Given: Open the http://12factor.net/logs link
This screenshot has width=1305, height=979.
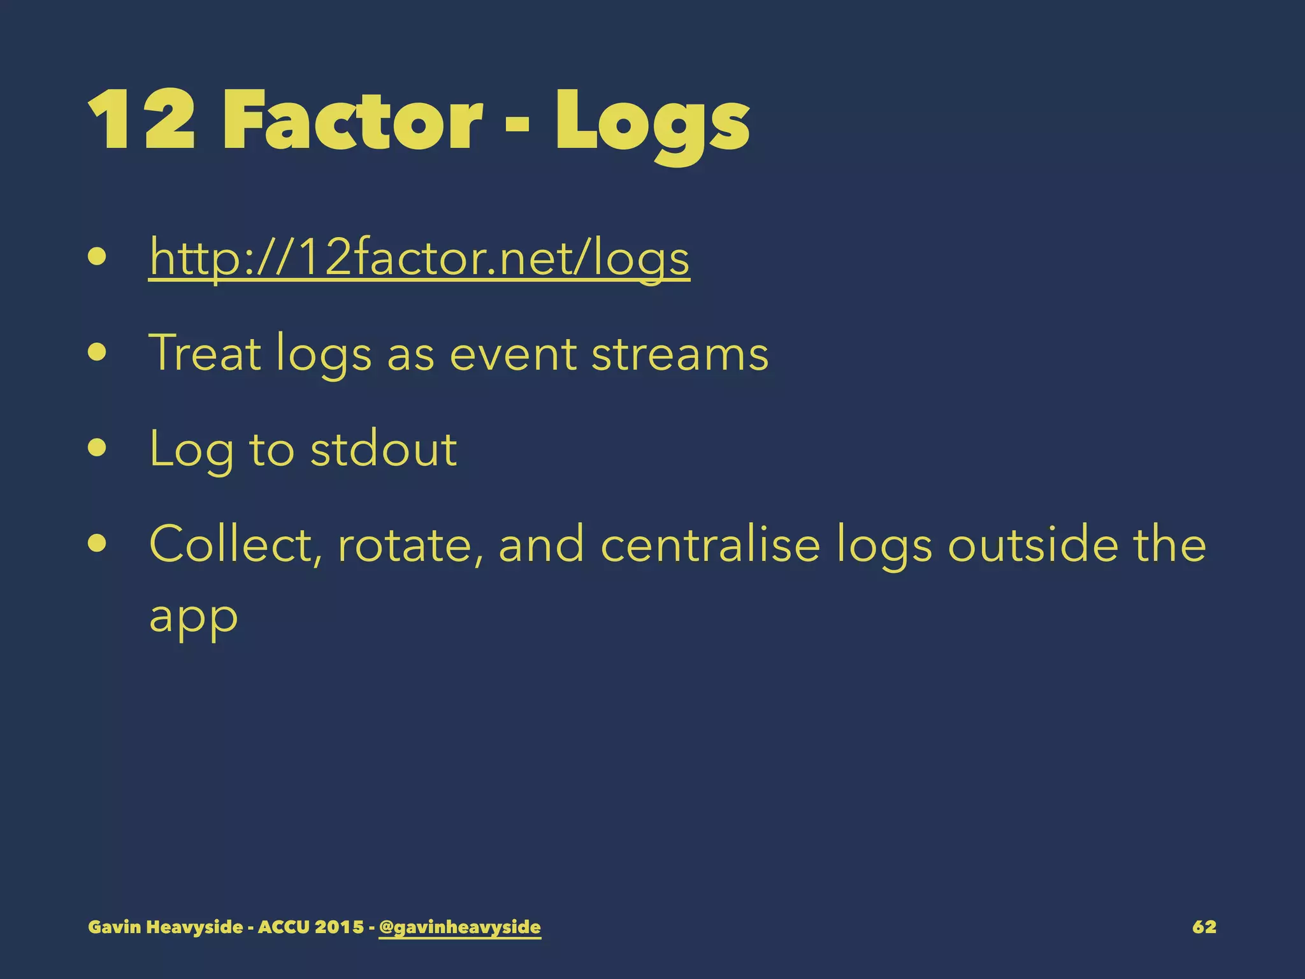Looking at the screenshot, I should (x=419, y=258).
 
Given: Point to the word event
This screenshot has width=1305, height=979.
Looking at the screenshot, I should (x=512, y=354).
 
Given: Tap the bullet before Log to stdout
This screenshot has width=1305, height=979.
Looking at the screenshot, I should (x=97, y=448).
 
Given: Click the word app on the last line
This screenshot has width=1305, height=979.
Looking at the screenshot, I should (x=193, y=617).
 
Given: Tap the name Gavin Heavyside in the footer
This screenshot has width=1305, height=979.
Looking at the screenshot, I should (x=166, y=927).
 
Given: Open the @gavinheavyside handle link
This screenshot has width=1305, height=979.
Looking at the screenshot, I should (x=459, y=927).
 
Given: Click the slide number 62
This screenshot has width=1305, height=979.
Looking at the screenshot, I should (x=1204, y=927).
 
